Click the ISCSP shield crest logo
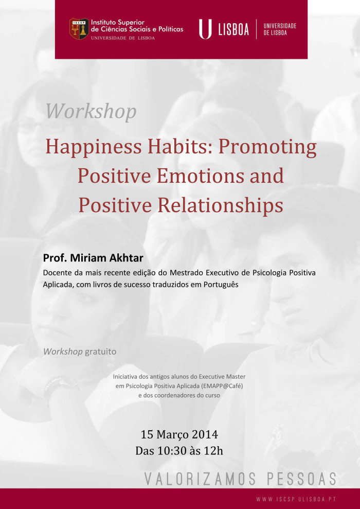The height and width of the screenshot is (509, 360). click(x=79, y=29)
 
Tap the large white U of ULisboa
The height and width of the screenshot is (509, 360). click(x=205, y=29)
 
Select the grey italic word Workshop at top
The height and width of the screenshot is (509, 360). click(x=91, y=111)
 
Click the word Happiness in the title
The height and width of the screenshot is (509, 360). click(x=94, y=147)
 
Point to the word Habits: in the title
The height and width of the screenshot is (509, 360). click(x=180, y=146)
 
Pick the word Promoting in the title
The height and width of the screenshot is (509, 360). click(x=267, y=147)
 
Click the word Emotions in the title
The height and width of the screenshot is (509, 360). click(x=200, y=175)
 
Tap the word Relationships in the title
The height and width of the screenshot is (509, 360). click(x=220, y=206)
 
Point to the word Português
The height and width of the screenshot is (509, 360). click(x=221, y=285)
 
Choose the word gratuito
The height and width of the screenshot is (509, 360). click(x=100, y=352)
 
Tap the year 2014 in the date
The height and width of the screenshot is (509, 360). click(x=205, y=434)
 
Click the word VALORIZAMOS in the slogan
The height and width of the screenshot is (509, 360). click(x=200, y=479)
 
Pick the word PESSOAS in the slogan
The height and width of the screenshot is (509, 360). click(x=301, y=479)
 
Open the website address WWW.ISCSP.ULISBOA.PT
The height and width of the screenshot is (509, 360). click(x=296, y=499)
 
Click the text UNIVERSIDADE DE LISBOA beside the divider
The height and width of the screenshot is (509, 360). click(x=280, y=29)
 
